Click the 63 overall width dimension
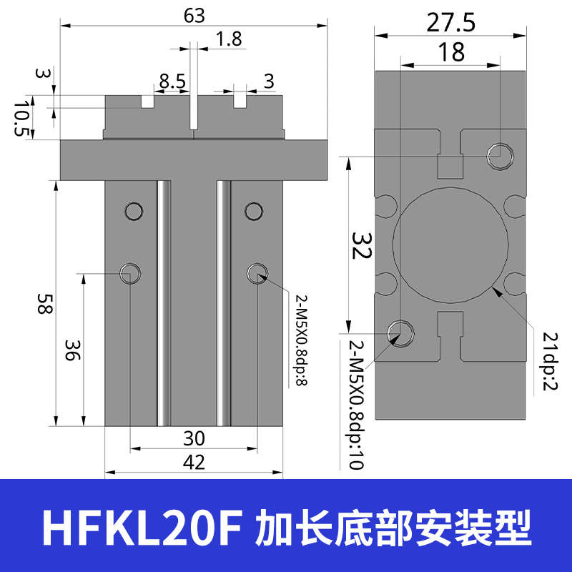tap(194, 14)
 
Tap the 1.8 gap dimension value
tap(229, 39)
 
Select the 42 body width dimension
tap(194, 462)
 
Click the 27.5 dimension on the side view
tap(450, 23)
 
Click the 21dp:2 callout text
tap(549, 361)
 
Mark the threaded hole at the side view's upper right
tap(499, 154)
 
